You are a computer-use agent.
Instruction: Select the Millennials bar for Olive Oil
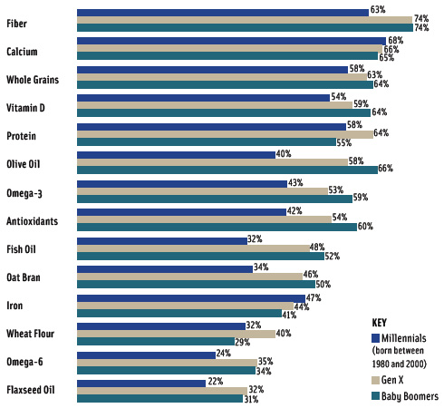point(176,155)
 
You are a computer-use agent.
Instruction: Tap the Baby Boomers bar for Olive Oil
point(227,170)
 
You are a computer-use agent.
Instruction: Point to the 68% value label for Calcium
point(394,41)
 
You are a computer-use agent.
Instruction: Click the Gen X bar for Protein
point(225,134)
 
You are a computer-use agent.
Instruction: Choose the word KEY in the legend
point(382,322)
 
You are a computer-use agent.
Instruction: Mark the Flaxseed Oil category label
point(32,392)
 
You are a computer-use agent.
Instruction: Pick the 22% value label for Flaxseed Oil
point(215,383)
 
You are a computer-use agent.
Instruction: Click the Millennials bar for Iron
point(191,298)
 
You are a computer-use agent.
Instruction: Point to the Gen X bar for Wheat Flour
point(176,334)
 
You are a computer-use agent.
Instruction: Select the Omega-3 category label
point(26,192)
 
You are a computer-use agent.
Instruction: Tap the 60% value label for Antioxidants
point(365,227)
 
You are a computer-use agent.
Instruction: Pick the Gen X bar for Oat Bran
point(189,275)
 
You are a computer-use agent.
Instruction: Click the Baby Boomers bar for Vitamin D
point(223,112)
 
